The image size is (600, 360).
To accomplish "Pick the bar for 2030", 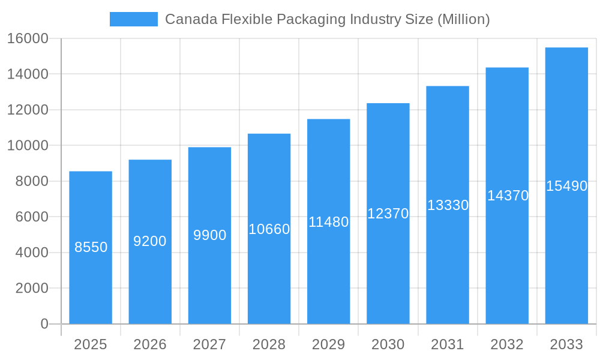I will coord(388,270).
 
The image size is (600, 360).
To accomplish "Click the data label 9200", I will coord(150,241).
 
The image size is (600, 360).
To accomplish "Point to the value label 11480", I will coord(328,222).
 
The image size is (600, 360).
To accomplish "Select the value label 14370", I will coord(508,196).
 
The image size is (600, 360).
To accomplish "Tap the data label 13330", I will coord(448,205).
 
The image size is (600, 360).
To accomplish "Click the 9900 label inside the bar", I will coord(209,235).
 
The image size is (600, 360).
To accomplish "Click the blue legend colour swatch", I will coord(133,19).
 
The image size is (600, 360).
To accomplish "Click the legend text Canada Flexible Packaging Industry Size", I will coord(327,19).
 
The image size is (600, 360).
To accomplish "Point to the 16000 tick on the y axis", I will coord(28,38).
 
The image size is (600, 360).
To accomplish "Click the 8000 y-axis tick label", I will coord(32,181).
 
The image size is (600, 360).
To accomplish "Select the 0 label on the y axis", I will coord(44,324).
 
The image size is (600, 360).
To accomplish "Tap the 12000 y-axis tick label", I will coord(28,110).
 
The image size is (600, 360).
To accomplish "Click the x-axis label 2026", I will coord(150,344).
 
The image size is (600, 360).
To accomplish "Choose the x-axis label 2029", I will coord(328,344).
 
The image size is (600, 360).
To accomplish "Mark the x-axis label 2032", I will coord(507,344).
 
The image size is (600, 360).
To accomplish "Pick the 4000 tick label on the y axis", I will coord(32,253).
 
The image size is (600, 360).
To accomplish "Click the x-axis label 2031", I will coord(448,344).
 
